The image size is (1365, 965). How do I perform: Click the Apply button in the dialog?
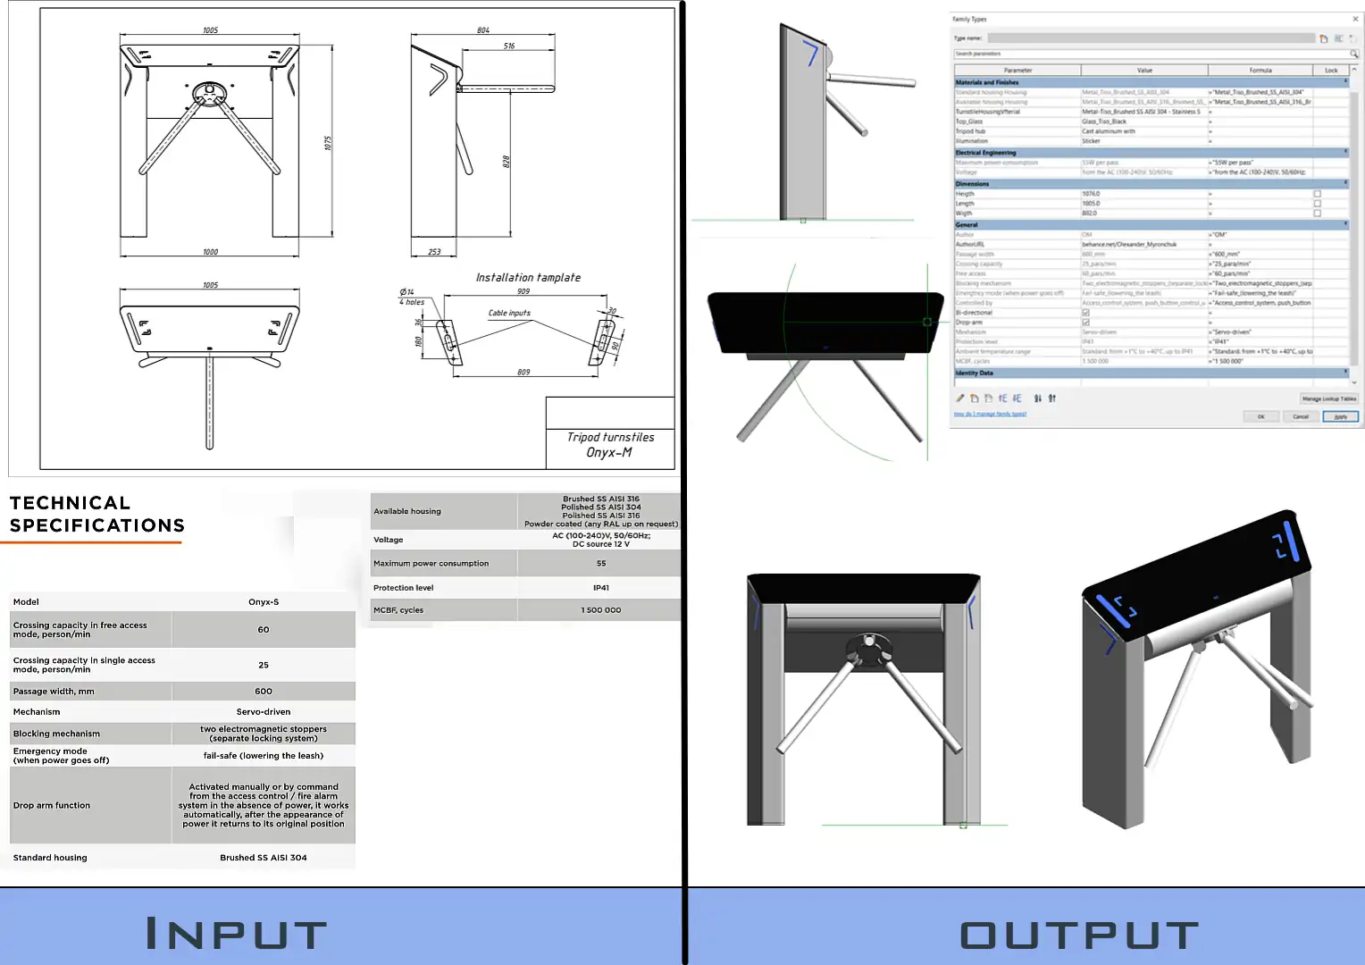(x=1340, y=416)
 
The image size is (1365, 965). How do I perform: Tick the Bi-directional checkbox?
(x=1086, y=313)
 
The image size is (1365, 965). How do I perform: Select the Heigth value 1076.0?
(x=1092, y=194)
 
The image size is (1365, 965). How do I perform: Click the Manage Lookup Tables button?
(x=1328, y=399)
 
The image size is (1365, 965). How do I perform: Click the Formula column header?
(x=1260, y=70)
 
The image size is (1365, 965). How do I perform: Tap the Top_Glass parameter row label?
(x=969, y=122)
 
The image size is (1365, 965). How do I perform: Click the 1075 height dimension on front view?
(x=328, y=143)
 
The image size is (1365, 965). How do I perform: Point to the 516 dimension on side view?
(x=509, y=46)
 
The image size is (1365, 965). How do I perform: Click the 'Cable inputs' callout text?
(x=509, y=313)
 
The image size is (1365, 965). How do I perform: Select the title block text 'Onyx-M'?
(x=609, y=452)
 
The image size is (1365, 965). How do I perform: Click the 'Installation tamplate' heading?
(x=528, y=278)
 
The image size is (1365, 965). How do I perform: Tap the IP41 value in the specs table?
(x=600, y=588)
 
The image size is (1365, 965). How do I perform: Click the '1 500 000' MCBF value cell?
(x=600, y=610)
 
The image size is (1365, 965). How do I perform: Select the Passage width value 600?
(x=264, y=692)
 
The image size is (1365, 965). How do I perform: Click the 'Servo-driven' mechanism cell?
(x=264, y=712)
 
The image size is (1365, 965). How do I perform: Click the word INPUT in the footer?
(x=237, y=935)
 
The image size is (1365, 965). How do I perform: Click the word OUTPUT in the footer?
(x=1079, y=936)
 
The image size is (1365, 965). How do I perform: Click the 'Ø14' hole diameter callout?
(x=407, y=292)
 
